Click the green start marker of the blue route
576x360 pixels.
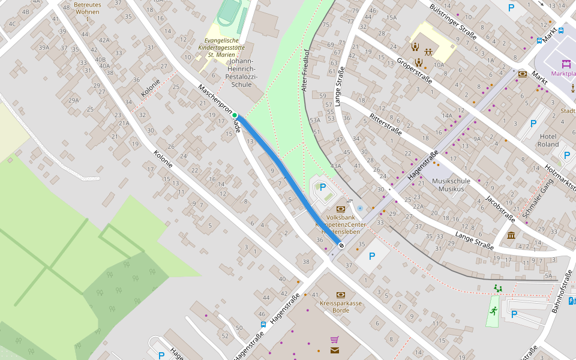(x=235, y=115)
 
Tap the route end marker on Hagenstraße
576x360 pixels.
(x=341, y=245)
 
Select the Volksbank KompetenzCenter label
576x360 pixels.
(x=341, y=224)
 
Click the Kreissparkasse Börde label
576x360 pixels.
(x=341, y=307)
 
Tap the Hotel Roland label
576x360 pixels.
(x=548, y=140)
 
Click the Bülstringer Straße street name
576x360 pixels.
(x=453, y=22)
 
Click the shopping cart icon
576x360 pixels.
(x=334, y=340)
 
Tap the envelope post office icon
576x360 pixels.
(x=334, y=350)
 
